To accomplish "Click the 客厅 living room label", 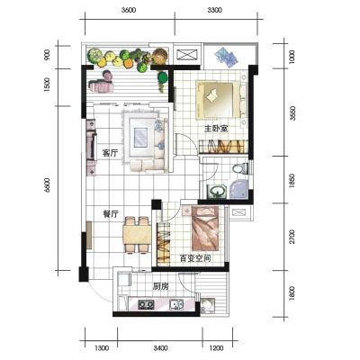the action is pos(110,153).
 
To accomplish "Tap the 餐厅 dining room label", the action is pos(111,214).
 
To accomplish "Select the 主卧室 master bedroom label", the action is pos(216,129).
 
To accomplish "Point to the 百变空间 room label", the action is pos(194,258).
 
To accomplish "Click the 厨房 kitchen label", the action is pos(160,286).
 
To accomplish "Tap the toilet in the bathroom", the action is pos(240,168).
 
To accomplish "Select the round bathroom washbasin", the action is pos(217,191).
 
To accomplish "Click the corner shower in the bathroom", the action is pos(239,189).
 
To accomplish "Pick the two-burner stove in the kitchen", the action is pos(146,305).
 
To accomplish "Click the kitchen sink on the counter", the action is pos(176,304).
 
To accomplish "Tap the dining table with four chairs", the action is pos(137,235).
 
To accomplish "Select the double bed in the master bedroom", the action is pos(221,100).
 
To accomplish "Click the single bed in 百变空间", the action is pos(204,228).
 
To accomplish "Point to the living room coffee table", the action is pos(140,137).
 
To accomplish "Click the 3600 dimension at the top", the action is pos(129,10).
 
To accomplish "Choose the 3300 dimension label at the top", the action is pos(214,10).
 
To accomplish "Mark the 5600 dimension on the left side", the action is pos(47,185).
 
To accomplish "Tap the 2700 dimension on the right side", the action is pos(292,237).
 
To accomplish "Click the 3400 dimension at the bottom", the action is pos(160,348).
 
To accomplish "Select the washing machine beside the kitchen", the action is pos(207,306).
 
